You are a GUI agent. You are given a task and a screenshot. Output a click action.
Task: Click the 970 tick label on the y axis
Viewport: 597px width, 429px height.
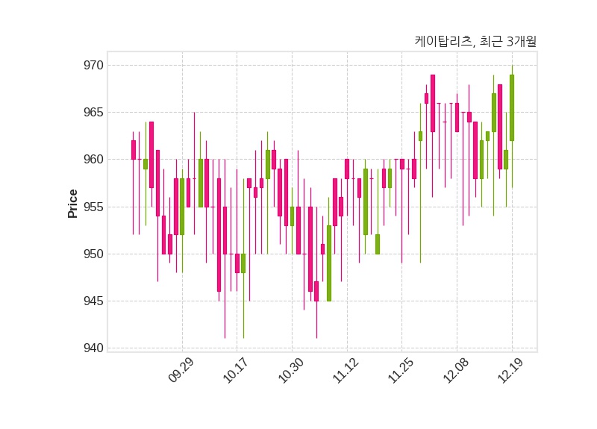click(93, 66)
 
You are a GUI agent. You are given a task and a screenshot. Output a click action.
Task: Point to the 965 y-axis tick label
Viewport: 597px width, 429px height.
click(93, 113)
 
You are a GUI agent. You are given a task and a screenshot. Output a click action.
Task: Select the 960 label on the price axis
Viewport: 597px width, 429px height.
click(93, 160)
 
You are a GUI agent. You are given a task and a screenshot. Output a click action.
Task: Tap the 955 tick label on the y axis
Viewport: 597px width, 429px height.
click(93, 207)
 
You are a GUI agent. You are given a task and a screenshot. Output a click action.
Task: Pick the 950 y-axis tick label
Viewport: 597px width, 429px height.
click(93, 254)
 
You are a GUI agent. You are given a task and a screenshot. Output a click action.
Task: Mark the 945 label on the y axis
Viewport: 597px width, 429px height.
click(93, 301)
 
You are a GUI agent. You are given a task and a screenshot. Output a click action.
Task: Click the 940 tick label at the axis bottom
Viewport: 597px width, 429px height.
click(93, 348)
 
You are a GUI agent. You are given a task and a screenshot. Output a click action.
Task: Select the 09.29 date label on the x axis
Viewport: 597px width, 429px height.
click(181, 370)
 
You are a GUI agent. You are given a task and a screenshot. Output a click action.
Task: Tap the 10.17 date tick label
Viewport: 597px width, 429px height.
click(236, 370)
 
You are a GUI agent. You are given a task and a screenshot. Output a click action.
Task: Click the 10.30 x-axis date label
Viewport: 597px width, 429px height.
click(291, 370)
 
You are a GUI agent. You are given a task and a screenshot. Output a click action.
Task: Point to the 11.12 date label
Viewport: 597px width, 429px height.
click(346, 370)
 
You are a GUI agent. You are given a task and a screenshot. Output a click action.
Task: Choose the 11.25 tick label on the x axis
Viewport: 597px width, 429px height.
click(401, 370)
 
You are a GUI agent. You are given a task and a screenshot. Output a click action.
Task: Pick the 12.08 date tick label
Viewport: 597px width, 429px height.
click(456, 370)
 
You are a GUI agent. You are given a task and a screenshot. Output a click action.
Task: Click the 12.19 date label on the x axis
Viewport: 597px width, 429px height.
click(511, 370)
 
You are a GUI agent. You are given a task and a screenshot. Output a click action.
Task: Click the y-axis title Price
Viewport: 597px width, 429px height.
click(73, 203)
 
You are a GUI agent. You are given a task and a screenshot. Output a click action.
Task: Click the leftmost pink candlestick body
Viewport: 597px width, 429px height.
click(134, 150)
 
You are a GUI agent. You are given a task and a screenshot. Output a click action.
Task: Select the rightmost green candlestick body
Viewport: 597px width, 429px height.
click(512, 107)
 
